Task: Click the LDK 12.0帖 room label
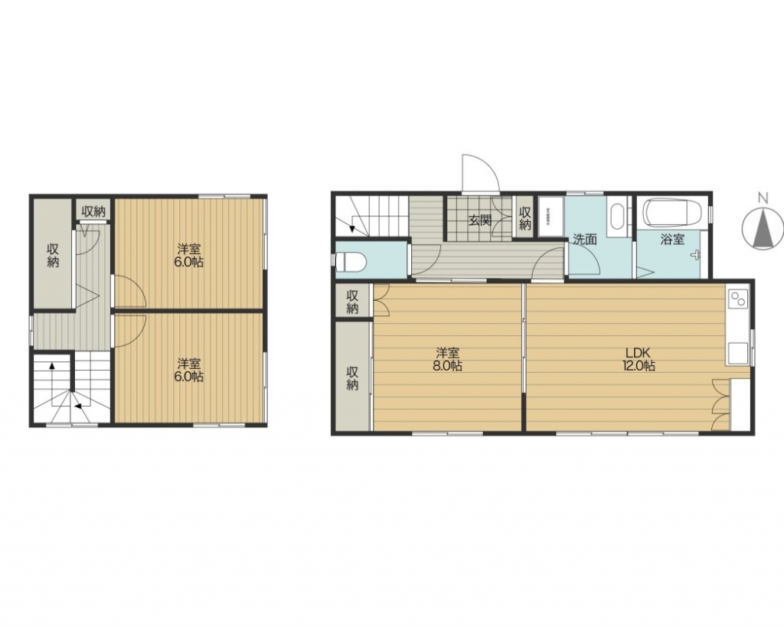[639, 359]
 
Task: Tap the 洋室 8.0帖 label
[447, 359]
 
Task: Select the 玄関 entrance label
[480, 220]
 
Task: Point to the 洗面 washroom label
[584, 239]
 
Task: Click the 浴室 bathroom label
[672, 239]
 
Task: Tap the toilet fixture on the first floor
[351, 261]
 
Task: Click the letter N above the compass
[762, 198]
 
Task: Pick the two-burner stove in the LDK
[738, 299]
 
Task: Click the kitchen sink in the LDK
[737, 354]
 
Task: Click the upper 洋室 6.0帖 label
[188, 256]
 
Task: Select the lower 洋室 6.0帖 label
[188, 370]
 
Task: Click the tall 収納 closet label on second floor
[53, 254]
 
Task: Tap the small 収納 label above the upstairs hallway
[93, 211]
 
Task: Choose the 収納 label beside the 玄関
[524, 218]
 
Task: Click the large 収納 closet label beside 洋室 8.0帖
[352, 377]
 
